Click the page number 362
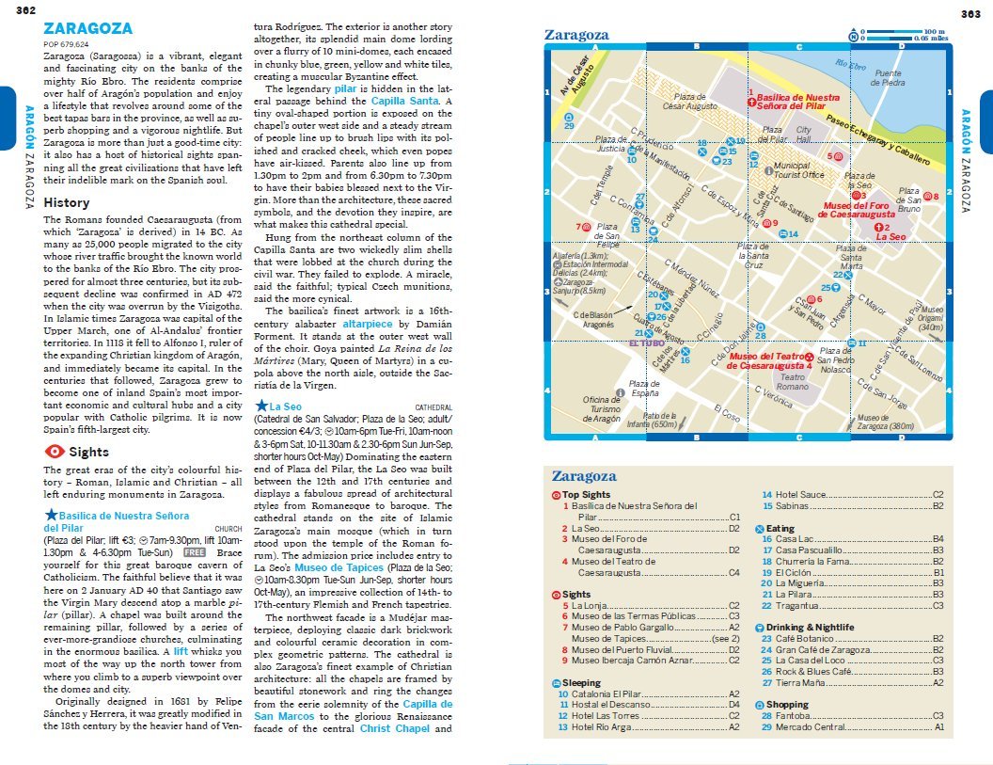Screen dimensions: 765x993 [x=26, y=11]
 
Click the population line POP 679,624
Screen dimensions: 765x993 [x=67, y=44]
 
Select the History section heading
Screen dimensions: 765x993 [x=67, y=202]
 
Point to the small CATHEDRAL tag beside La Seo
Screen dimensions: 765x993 [x=433, y=407]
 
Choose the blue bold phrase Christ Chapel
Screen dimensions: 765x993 [x=388, y=728]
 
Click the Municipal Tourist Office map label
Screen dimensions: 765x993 [x=798, y=170]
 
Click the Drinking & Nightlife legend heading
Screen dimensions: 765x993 [x=810, y=628]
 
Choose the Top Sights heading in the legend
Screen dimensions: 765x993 [x=586, y=495]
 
